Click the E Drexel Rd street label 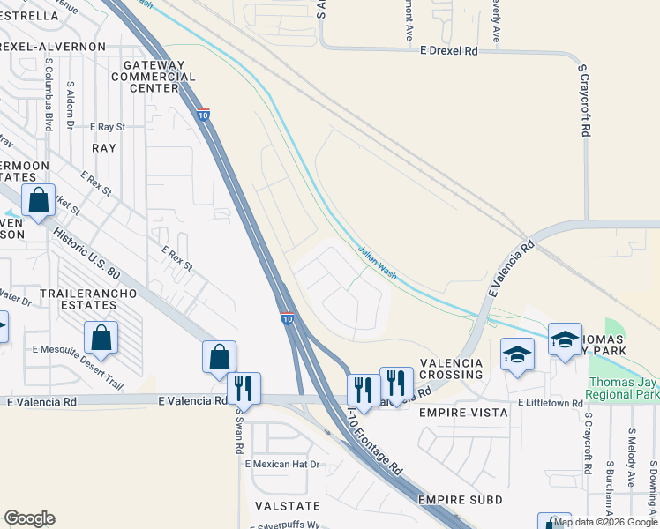point(449,52)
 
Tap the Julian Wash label point(378,263)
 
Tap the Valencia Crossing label point(451,369)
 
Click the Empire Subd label point(460,501)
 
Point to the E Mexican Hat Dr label point(282,464)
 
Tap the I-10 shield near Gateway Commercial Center point(203,115)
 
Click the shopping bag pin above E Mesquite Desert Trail point(101,338)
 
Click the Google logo point(29,518)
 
